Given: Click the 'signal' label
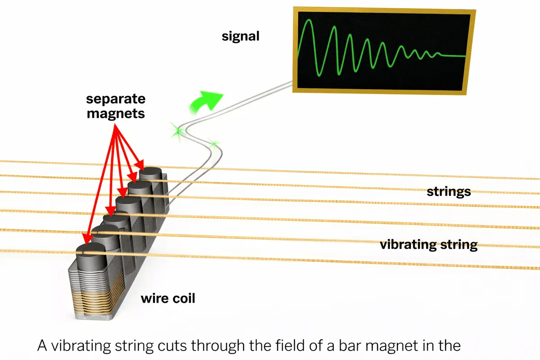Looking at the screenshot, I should point(241,36).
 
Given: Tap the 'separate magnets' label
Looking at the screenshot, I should point(116,106).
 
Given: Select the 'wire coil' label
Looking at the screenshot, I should point(168,298).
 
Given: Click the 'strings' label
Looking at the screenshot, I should point(449,192).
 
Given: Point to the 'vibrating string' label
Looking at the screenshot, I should point(428,245).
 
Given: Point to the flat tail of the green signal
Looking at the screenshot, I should point(452,56).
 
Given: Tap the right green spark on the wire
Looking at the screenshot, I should point(214,144).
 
